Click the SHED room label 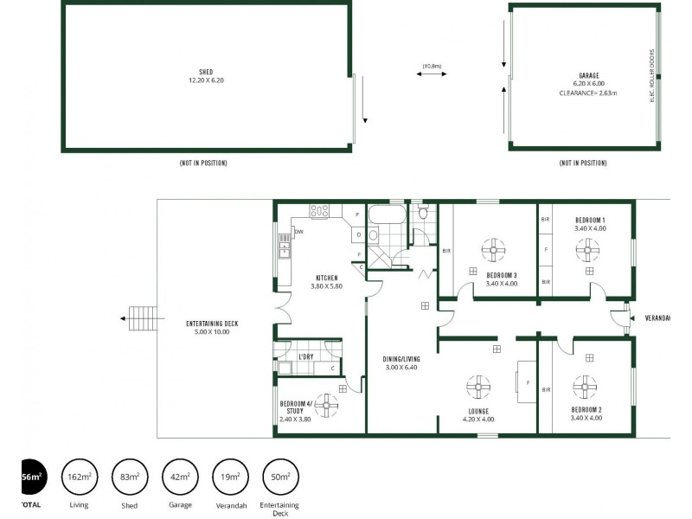(x=206, y=72)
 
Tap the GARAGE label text (x=590, y=75)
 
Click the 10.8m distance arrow (x=431, y=75)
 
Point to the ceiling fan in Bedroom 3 (x=494, y=252)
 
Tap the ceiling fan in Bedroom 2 (x=586, y=387)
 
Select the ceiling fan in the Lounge (x=478, y=387)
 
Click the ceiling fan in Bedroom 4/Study (x=326, y=402)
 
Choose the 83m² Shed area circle (x=129, y=477)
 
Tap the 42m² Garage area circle (x=180, y=477)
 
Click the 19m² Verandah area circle (x=230, y=477)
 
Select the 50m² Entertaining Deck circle (x=280, y=477)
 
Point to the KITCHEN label (x=326, y=278)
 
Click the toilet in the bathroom (x=422, y=212)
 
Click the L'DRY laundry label (x=305, y=356)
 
